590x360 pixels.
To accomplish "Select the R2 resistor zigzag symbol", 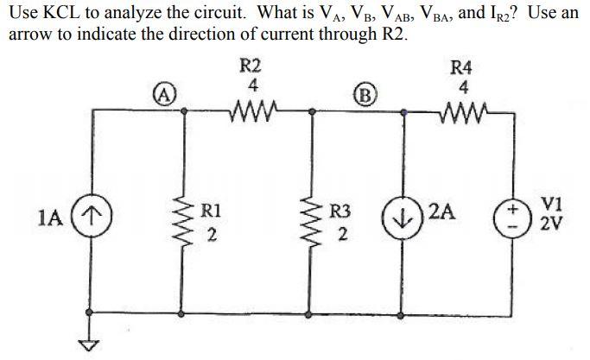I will (251, 111).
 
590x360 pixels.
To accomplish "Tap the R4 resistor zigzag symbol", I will (464, 111).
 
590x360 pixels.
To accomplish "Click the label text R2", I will (251, 66).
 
